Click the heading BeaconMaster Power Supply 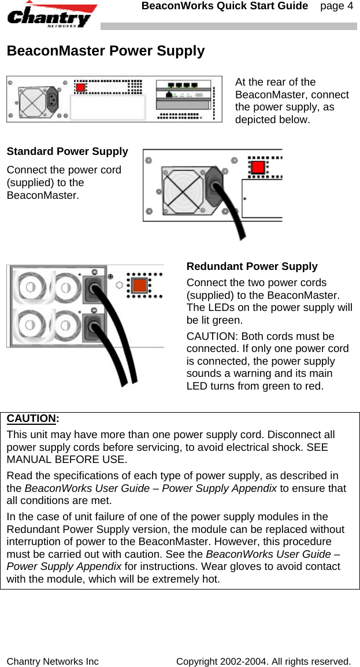105,51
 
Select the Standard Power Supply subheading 67,151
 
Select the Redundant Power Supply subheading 251,266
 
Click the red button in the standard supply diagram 258,168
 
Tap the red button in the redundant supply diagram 139,285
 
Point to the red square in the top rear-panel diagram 81,88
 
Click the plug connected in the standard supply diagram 216,187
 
